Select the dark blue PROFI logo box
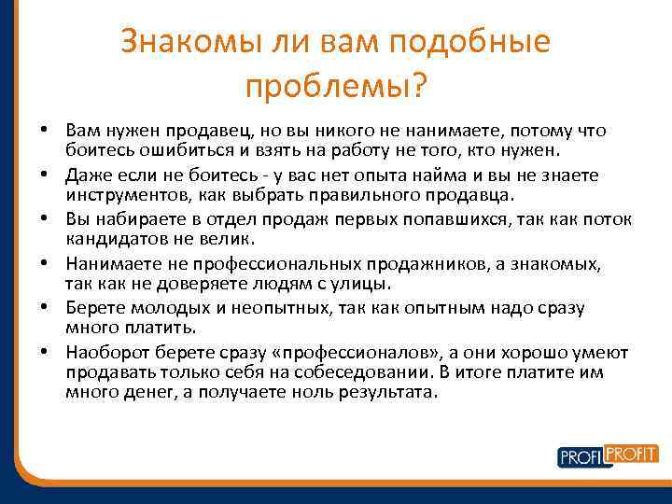click(580, 456)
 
